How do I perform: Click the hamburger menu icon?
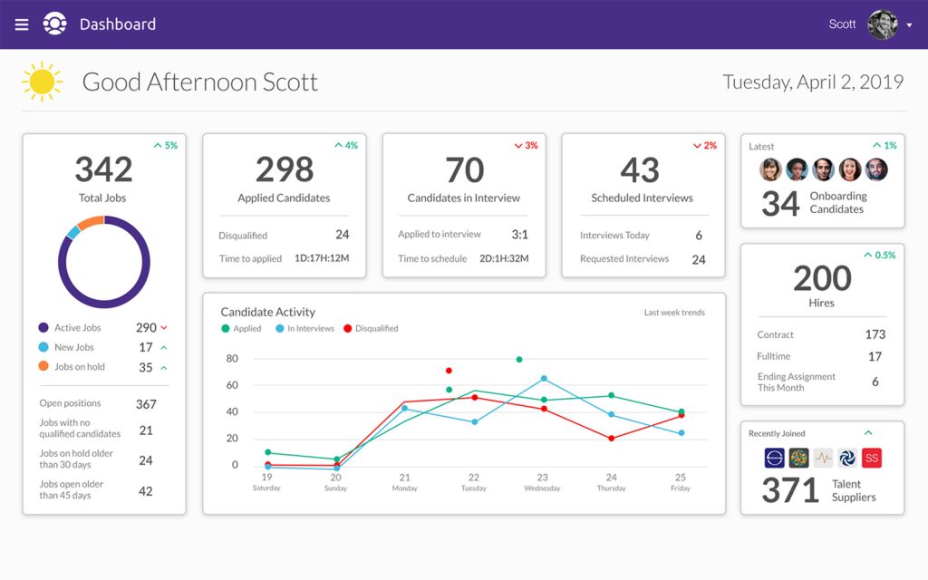point(22,24)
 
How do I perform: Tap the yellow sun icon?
point(42,82)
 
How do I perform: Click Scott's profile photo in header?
point(882,24)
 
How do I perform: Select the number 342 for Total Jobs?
point(103,169)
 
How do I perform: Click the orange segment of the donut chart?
point(91,223)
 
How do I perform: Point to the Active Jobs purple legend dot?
point(43,328)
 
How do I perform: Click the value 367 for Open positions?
point(146,404)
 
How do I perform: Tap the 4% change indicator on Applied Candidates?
point(346,145)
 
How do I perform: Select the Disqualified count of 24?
point(342,235)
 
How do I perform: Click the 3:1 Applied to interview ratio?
point(519,235)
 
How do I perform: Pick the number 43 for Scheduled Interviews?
point(641,169)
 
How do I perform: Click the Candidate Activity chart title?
point(268,313)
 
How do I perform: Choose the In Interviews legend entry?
point(305,329)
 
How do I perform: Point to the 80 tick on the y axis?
point(232,359)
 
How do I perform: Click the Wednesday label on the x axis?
point(542,488)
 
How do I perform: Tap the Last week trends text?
point(674,313)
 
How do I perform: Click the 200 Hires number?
point(822,278)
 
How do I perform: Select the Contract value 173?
point(875,334)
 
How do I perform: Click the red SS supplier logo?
point(871,459)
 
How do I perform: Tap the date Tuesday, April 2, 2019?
point(813,82)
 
